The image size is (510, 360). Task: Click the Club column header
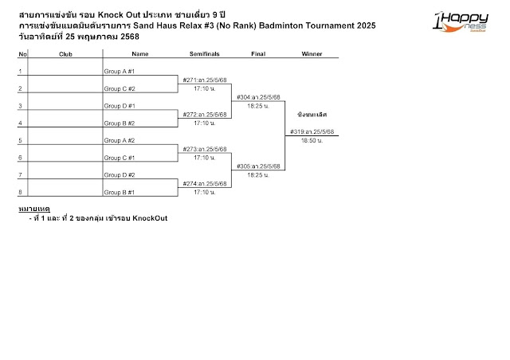click(x=66, y=54)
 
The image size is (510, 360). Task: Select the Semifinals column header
click(x=205, y=54)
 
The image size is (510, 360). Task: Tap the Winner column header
click(x=312, y=54)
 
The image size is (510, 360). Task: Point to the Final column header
click(x=258, y=54)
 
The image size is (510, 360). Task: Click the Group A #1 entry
click(x=120, y=72)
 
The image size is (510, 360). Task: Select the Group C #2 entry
click(x=120, y=88)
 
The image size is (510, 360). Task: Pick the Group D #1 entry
click(x=120, y=106)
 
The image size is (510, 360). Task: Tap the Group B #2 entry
click(x=120, y=123)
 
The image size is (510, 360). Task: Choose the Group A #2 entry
click(x=120, y=140)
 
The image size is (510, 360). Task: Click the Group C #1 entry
click(x=120, y=158)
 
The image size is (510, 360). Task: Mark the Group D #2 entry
click(x=120, y=174)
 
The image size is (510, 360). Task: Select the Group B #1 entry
click(x=120, y=192)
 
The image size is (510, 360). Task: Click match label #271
click(x=205, y=80)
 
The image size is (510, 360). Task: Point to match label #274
click(x=205, y=184)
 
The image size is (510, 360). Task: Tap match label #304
click(x=258, y=97)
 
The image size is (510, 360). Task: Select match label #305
click(x=258, y=166)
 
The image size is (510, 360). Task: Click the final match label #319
click(x=312, y=132)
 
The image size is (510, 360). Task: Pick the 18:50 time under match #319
click(x=312, y=140)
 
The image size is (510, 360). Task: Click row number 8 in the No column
click(x=22, y=192)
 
